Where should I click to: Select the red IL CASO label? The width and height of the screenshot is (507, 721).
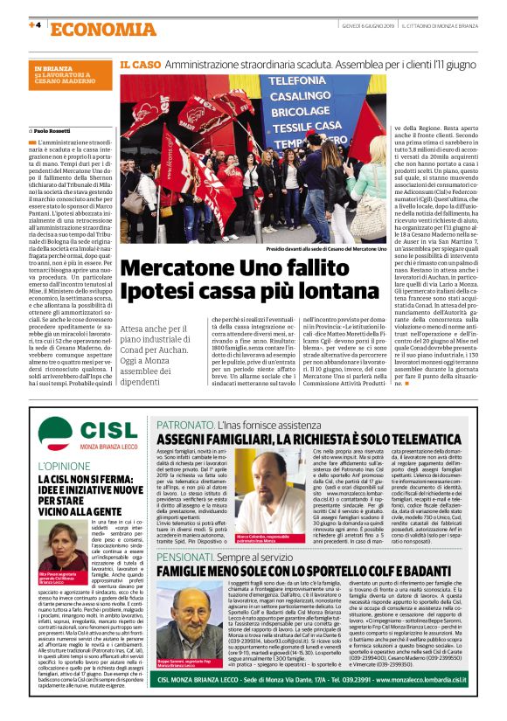coord(138,64)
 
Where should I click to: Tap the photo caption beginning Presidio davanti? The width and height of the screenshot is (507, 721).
coord(328,249)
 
